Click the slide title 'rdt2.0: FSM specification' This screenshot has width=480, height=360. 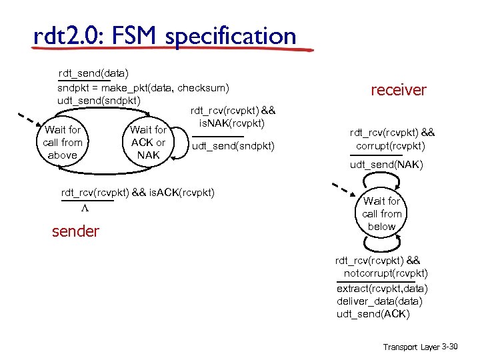(x=165, y=35)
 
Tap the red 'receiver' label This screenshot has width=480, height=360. (x=398, y=90)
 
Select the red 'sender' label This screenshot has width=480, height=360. (x=75, y=231)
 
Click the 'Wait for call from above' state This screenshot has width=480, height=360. (x=63, y=143)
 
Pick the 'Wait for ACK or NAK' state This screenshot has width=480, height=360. (x=148, y=143)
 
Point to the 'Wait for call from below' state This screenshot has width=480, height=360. (x=382, y=213)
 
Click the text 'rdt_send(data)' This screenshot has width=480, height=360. (x=93, y=72)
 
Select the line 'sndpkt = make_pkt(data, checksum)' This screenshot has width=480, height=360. (x=143, y=87)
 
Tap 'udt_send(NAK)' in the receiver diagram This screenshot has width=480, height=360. (x=386, y=165)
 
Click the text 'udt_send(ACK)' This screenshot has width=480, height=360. (x=373, y=314)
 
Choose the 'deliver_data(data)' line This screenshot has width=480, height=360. (x=379, y=301)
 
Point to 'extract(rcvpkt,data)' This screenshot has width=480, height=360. (x=382, y=289)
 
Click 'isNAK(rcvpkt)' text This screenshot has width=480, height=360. (x=232, y=123)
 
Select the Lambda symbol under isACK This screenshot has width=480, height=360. (x=85, y=208)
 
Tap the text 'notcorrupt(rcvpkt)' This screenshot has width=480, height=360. (x=385, y=273)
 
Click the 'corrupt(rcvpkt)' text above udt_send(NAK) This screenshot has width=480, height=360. (x=391, y=145)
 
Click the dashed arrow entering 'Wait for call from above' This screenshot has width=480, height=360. (x=28, y=123)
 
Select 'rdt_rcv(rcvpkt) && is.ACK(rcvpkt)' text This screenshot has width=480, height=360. (x=138, y=193)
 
